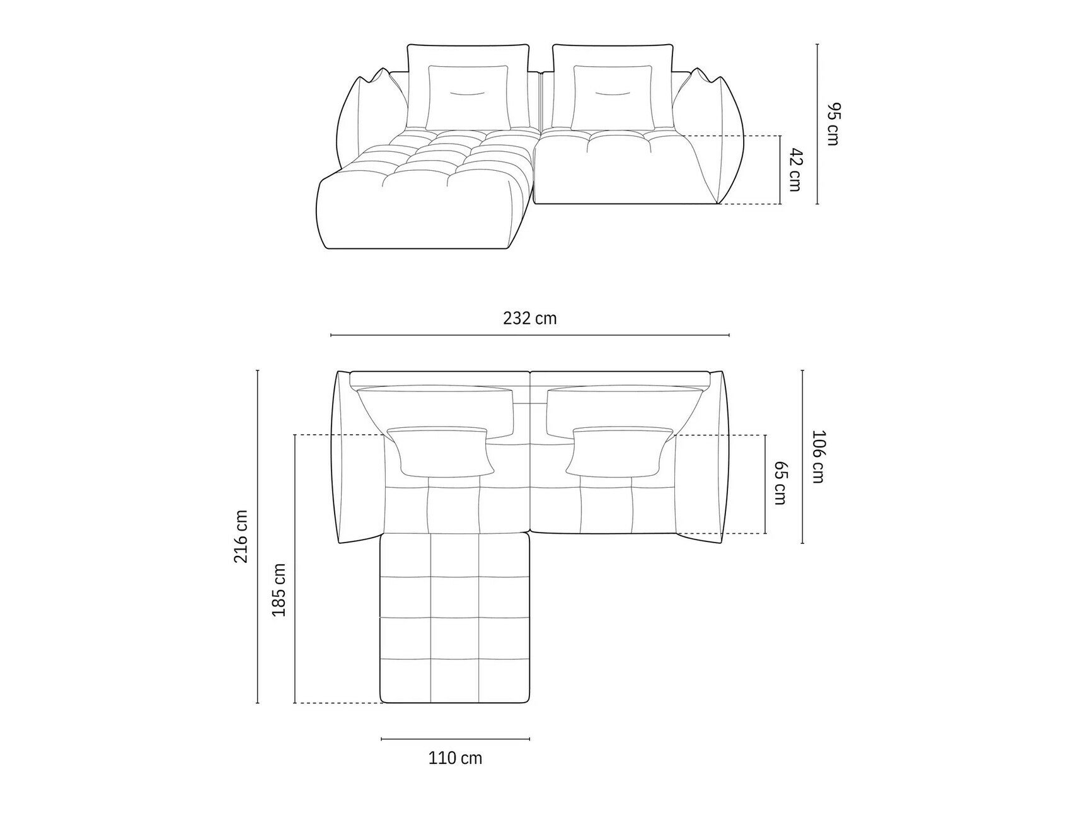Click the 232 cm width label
click(530, 318)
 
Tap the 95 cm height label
click(833, 124)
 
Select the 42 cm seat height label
click(795, 170)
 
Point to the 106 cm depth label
click(817, 456)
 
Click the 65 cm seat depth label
click(780, 483)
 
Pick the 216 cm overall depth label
click(241, 536)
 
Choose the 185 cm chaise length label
click(279, 590)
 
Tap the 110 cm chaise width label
click(455, 758)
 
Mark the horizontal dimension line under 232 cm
click(530, 335)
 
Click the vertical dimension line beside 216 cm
click(258, 536)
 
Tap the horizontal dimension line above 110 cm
click(455, 739)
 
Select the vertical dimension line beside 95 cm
click(817, 124)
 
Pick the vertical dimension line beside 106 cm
click(802, 456)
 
